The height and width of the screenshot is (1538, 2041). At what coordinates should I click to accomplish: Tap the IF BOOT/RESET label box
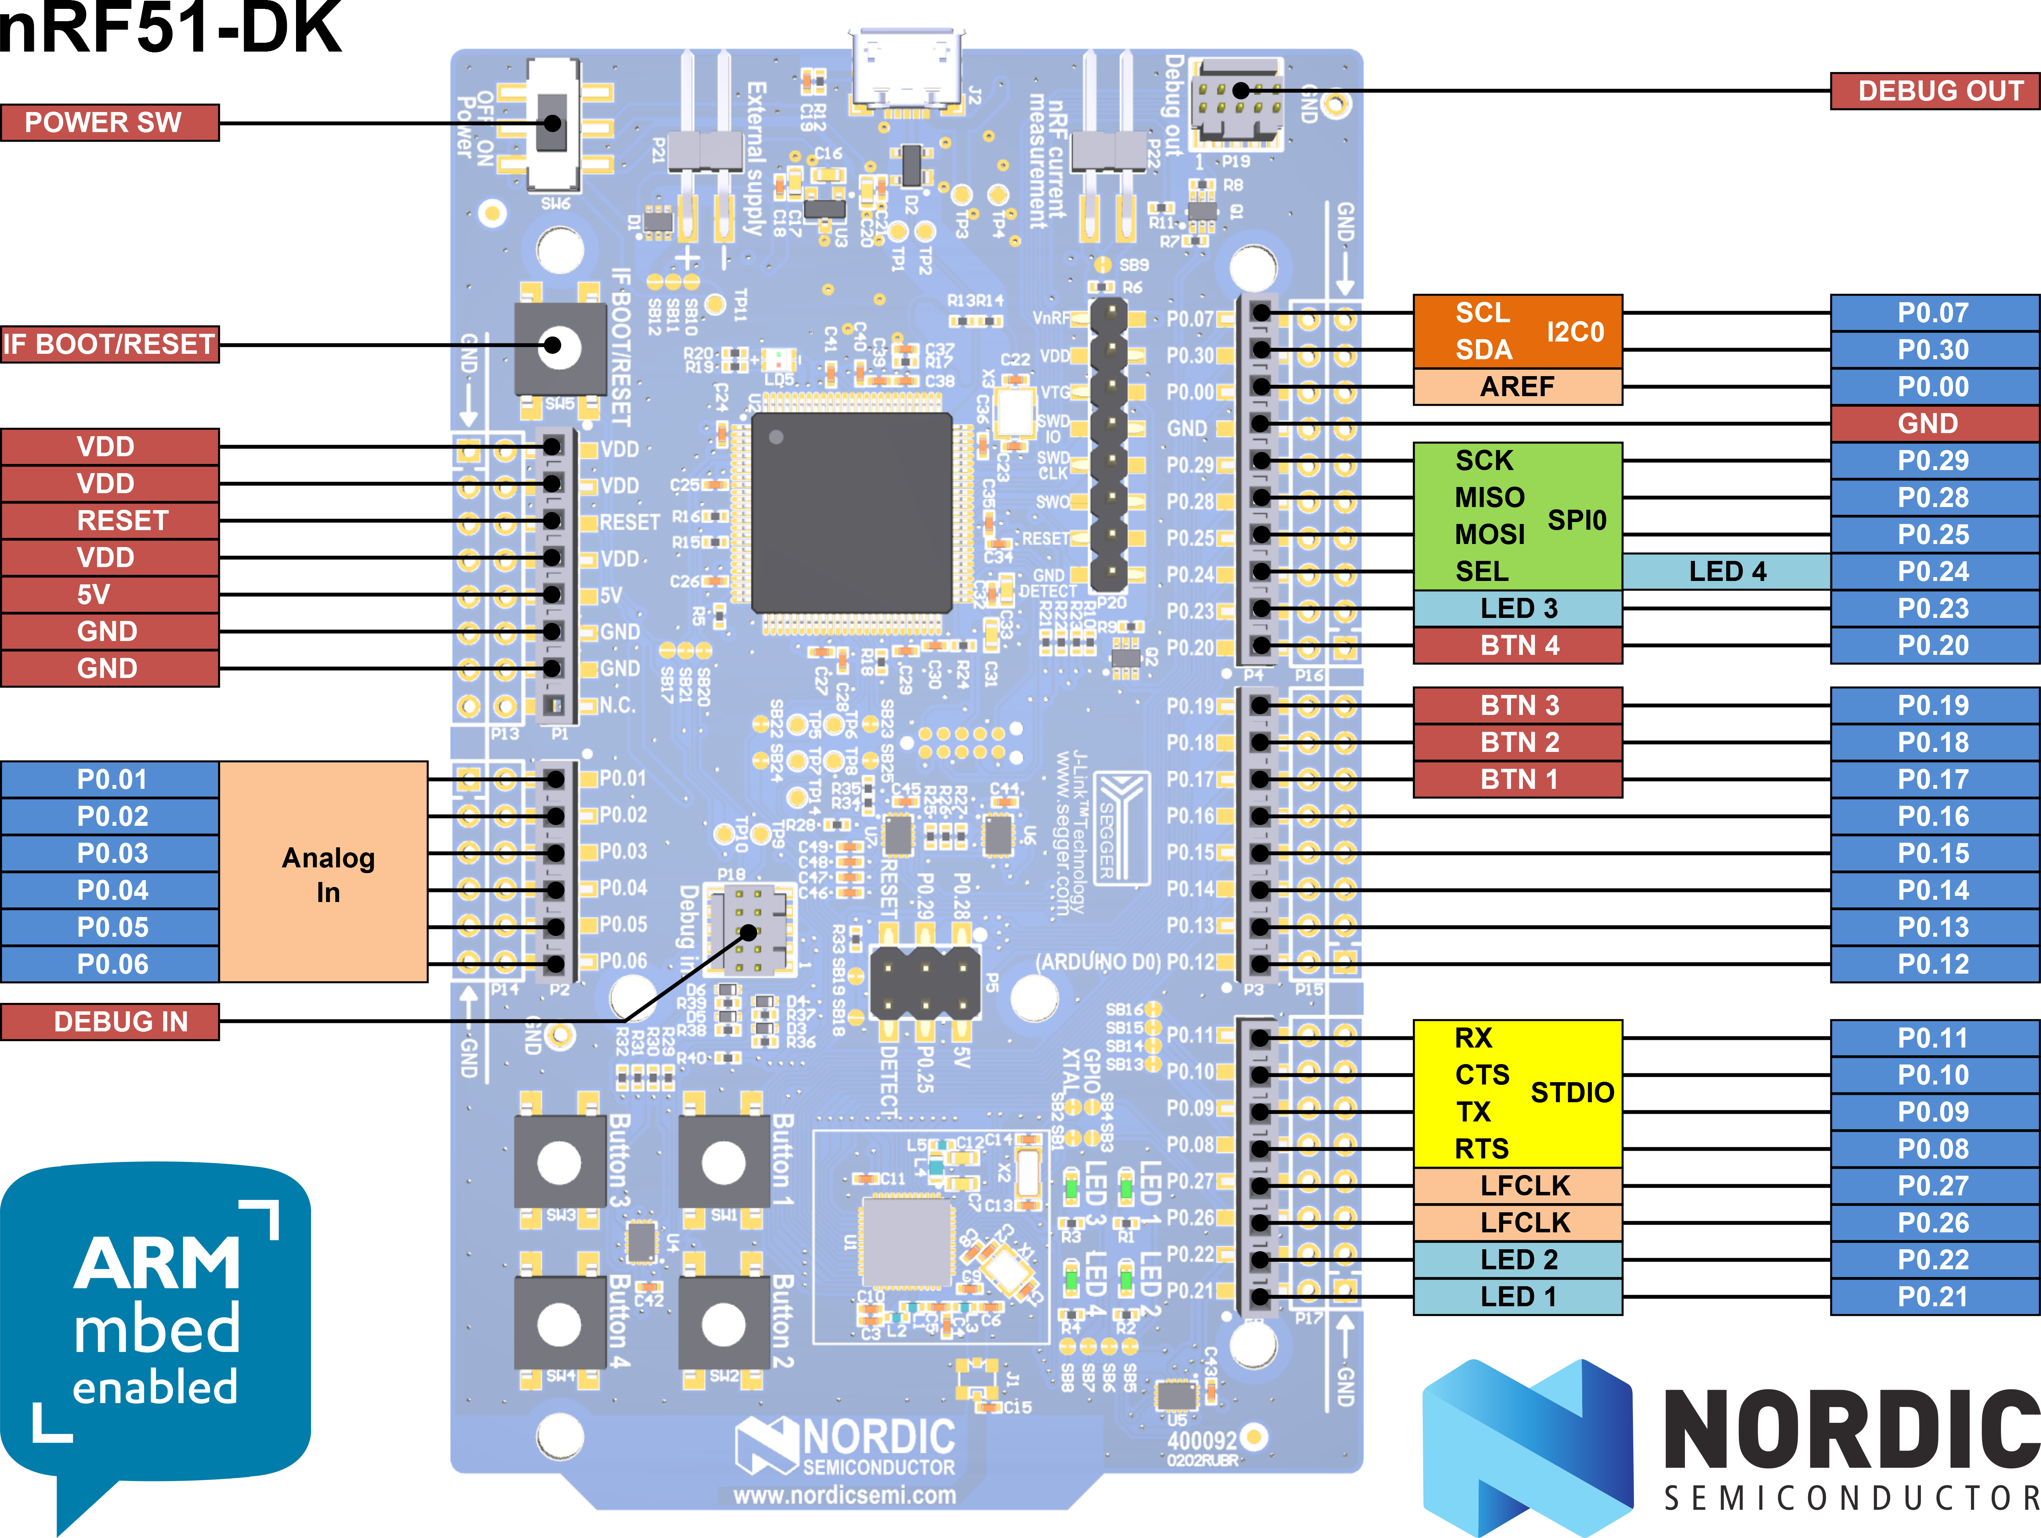(109, 344)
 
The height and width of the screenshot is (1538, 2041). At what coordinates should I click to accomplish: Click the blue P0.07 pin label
(1934, 313)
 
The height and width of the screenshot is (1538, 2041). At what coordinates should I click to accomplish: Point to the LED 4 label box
(1726, 571)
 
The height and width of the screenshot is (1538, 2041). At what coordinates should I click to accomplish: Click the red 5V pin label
(109, 594)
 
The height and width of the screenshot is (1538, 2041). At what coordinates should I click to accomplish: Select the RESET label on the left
(109, 520)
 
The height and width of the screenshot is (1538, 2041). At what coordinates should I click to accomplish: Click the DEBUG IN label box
(109, 1021)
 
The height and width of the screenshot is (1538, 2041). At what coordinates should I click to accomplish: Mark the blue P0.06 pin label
(109, 964)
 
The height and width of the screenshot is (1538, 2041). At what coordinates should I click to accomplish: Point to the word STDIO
(1571, 1092)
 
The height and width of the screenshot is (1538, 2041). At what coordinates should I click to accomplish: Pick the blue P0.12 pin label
(1934, 964)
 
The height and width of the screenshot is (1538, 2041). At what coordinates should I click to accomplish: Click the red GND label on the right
(1934, 423)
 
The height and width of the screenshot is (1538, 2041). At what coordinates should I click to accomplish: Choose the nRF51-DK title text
(171, 30)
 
